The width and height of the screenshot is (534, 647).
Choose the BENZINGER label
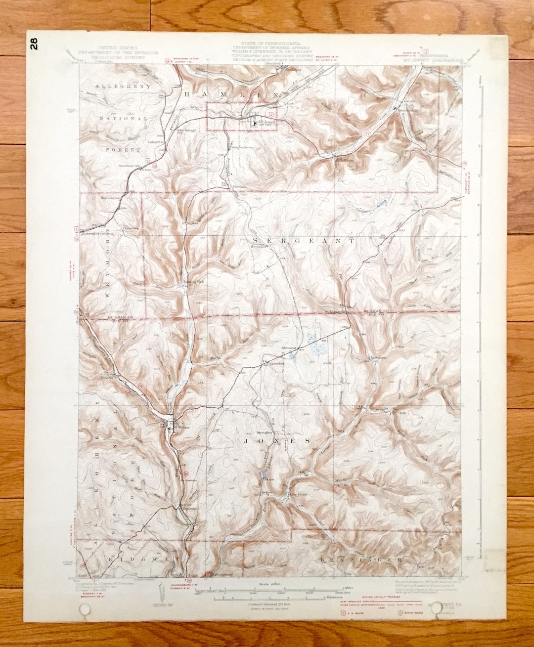click(359, 560)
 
